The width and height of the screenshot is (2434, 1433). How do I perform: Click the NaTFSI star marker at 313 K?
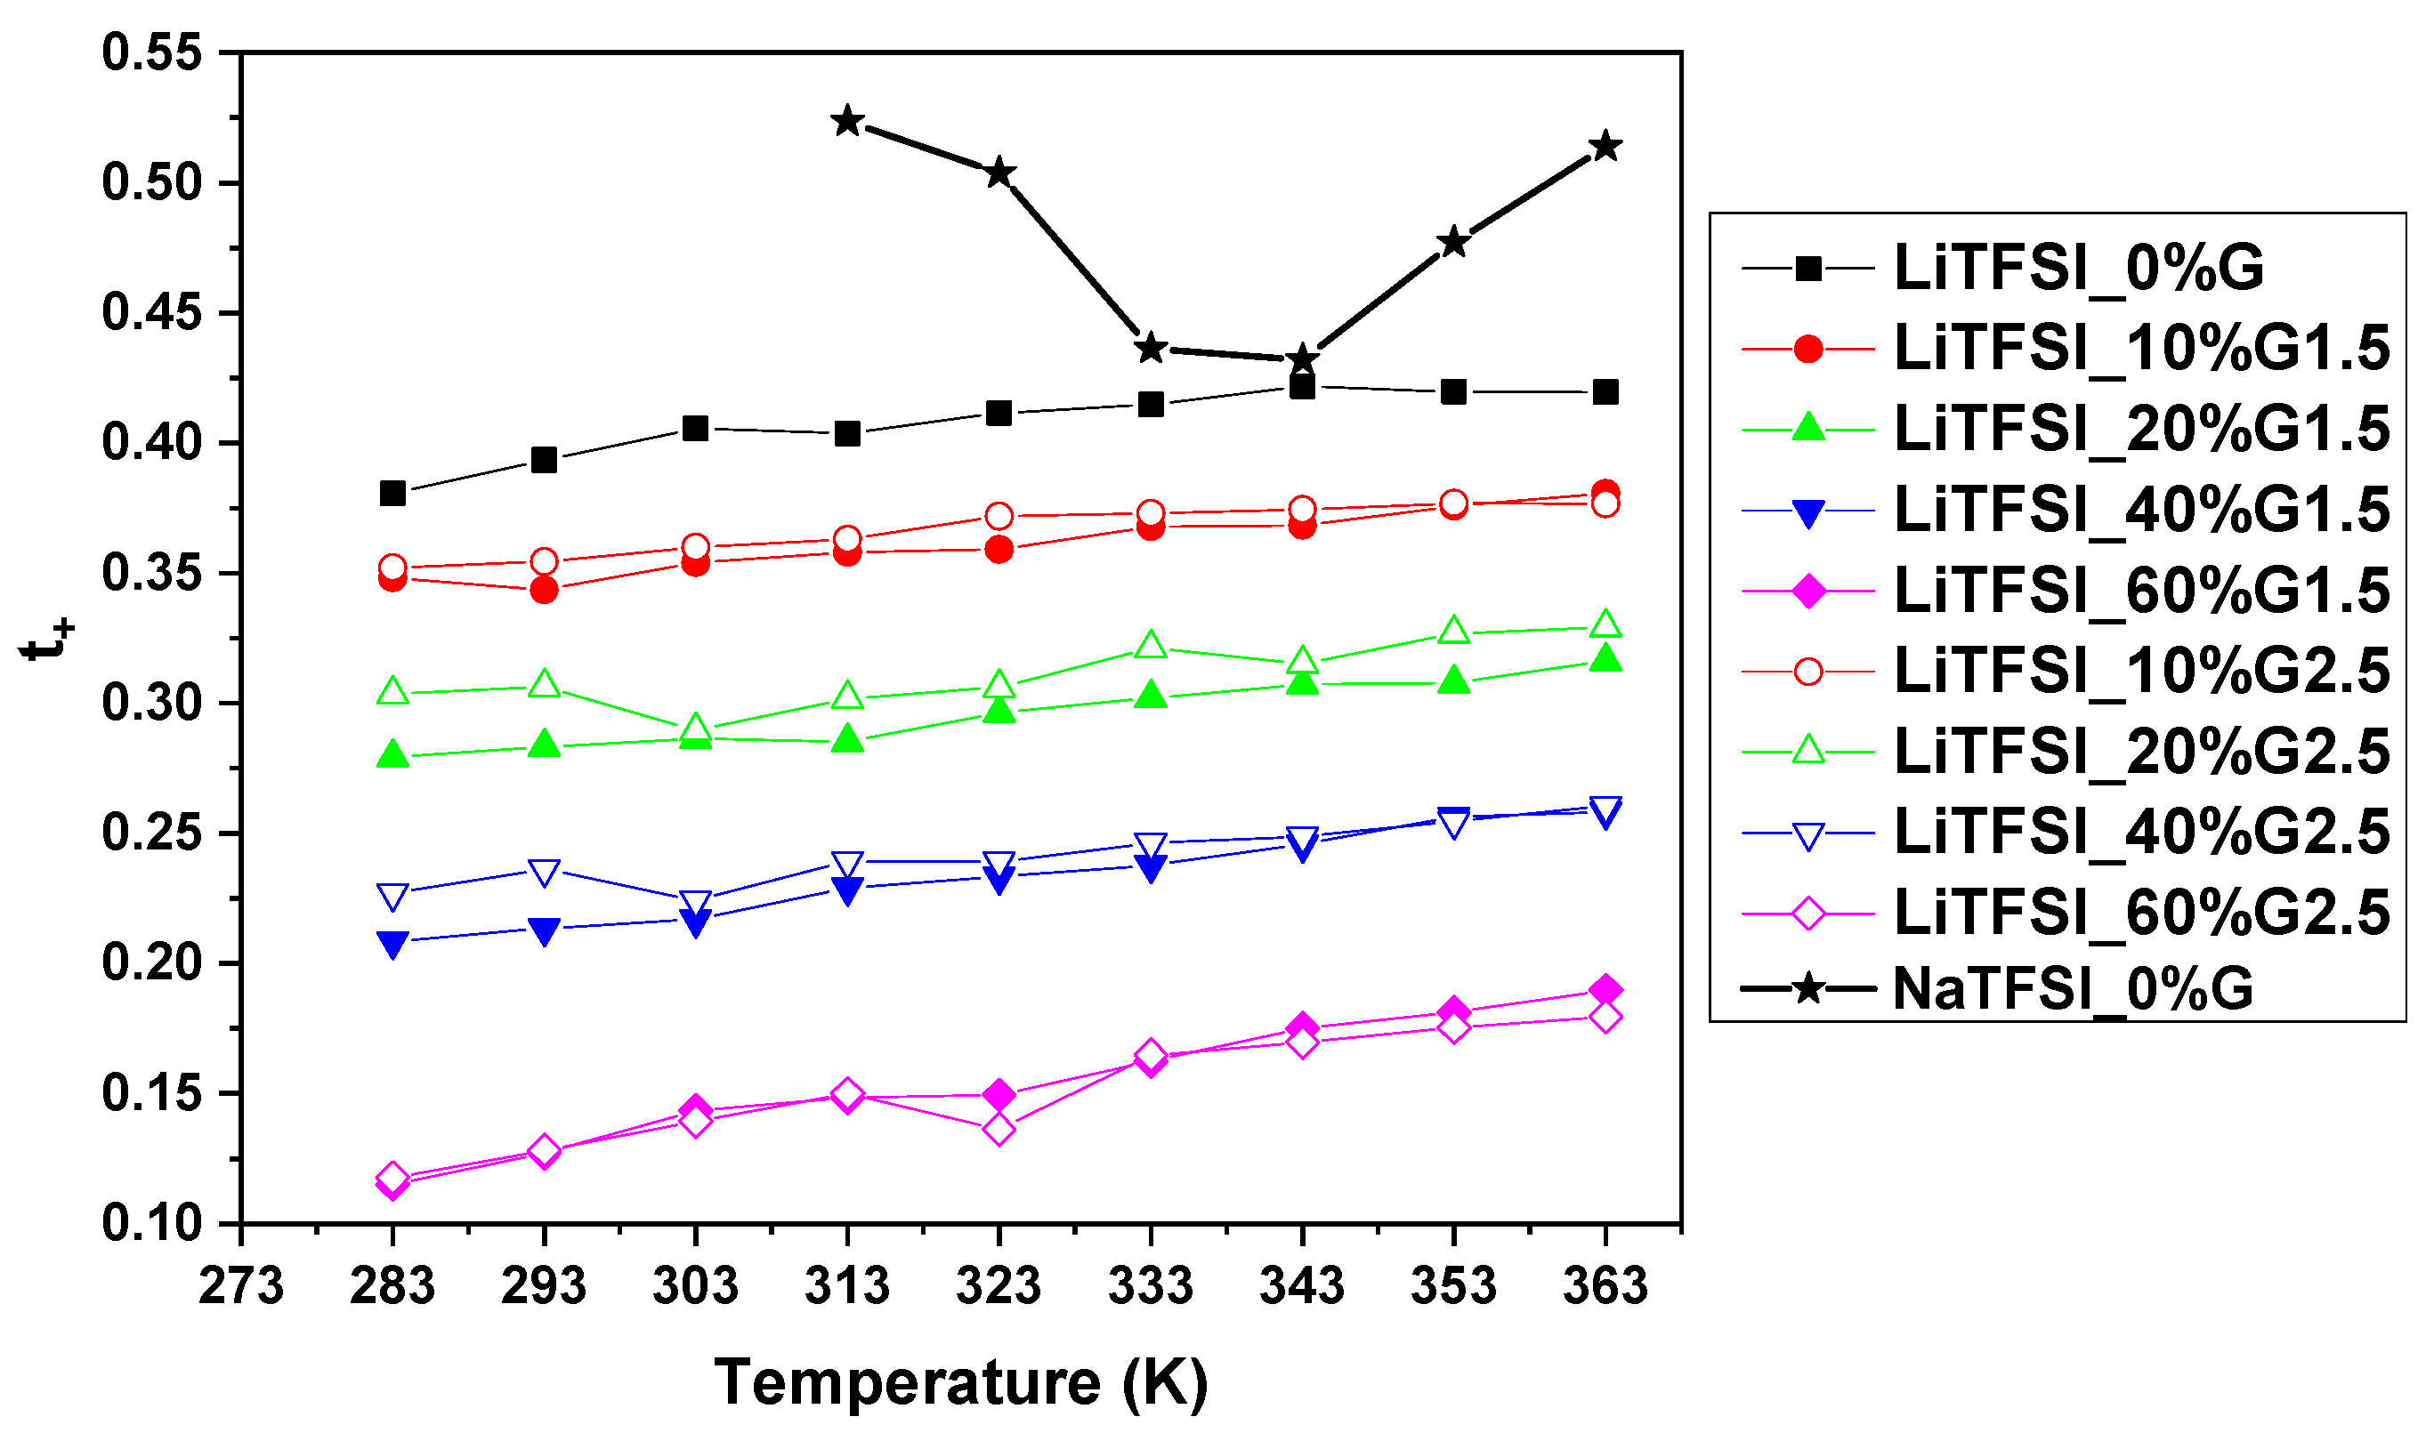pyautogui.click(x=847, y=122)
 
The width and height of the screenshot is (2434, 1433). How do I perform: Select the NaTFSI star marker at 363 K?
pyautogui.click(x=1605, y=147)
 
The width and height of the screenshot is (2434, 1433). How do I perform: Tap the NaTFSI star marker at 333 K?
pyautogui.click(x=1151, y=348)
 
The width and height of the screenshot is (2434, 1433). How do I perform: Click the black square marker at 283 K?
pyautogui.click(x=392, y=494)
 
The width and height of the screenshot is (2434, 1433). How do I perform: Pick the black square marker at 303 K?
pyautogui.click(x=695, y=428)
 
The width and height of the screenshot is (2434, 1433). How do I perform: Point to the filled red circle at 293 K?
pyautogui.click(x=544, y=589)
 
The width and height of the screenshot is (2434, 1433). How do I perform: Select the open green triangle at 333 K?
pyautogui.click(x=1151, y=645)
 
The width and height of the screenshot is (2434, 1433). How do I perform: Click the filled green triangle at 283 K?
pyautogui.click(x=392, y=755)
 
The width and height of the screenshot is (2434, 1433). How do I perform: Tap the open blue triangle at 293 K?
pyautogui.click(x=544, y=872)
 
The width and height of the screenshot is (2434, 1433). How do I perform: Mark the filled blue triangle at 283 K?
pyautogui.click(x=392, y=944)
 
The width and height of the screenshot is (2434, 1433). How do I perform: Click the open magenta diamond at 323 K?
pyautogui.click(x=999, y=1129)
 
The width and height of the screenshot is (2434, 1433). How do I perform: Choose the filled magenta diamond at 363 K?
pyautogui.click(x=1605, y=991)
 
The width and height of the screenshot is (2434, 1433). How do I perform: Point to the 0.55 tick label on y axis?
pyautogui.click(x=151, y=52)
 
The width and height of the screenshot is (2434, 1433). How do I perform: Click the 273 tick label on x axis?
pyautogui.click(x=240, y=1286)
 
